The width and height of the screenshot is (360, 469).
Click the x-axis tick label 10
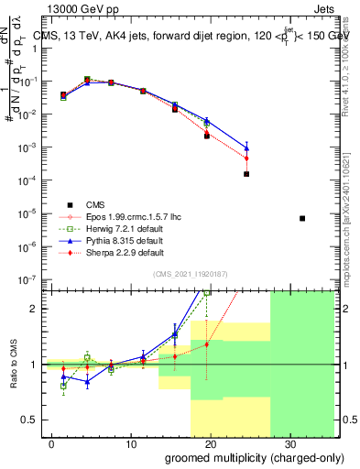[131, 443]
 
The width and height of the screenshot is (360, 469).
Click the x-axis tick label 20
[210, 443]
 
